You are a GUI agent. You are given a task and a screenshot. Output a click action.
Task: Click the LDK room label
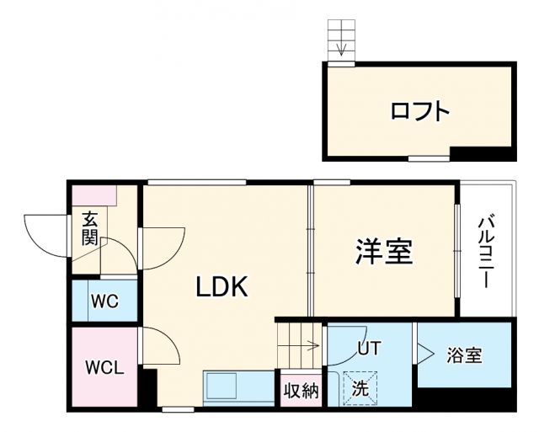click(x=222, y=287)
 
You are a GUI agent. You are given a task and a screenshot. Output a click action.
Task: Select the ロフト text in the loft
click(x=419, y=111)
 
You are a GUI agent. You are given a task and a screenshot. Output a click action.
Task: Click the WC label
click(x=104, y=301)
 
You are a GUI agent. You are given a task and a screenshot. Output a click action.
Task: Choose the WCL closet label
click(x=104, y=368)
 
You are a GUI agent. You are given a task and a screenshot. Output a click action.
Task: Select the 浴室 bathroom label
click(x=464, y=355)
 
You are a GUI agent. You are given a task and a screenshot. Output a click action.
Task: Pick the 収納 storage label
click(x=301, y=391)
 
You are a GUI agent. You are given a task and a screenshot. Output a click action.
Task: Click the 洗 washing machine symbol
click(x=360, y=389)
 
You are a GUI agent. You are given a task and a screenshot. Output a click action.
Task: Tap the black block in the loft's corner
click(x=482, y=153)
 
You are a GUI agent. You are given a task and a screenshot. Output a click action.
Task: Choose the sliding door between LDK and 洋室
click(x=312, y=248)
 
